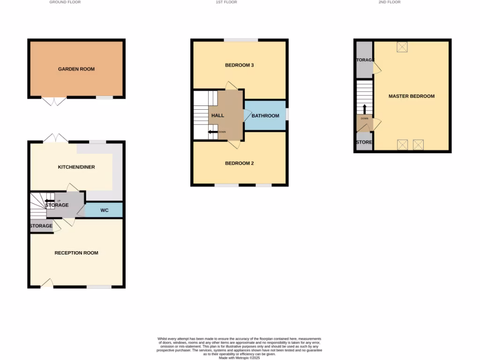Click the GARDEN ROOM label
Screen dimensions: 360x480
coord(76,69)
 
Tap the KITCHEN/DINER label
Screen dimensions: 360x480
coord(76,167)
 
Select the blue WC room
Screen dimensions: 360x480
coord(104,210)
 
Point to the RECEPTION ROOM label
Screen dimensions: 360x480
coord(76,253)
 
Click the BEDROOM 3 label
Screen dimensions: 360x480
coord(240,65)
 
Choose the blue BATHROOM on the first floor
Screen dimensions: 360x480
coord(265,116)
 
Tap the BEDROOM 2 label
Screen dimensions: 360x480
coord(240,164)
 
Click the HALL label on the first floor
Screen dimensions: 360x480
coord(217,115)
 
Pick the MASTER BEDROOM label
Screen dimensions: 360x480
coord(412,96)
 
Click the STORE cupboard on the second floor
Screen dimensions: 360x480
coord(364,142)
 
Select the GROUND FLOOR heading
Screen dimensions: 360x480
coord(65,2)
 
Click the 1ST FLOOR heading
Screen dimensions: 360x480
coord(226,2)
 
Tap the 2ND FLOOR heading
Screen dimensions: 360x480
coord(390,2)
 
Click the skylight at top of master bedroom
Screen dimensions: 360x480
coord(403,47)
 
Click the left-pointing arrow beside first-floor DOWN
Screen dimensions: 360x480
coord(213,132)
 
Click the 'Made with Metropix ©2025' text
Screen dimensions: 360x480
coord(240,358)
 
